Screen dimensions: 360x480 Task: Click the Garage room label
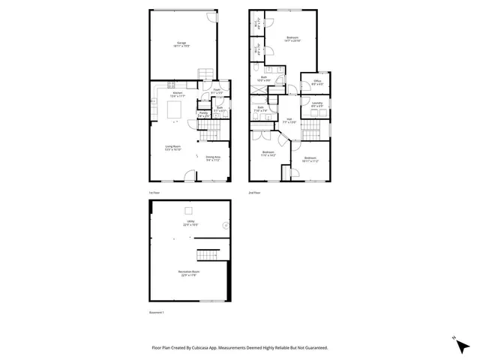pyautogui.click(x=181, y=43)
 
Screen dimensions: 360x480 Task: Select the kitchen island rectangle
pyautogui.click(x=173, y=111)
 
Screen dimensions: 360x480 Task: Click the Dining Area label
pyautogui.click(x=213, y=158)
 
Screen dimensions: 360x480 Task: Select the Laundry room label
pyautogui.click(x=317, y=104)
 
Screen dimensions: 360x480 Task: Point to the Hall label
pyautogui.click(x=289, y=119)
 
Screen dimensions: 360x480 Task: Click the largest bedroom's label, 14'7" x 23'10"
pyautogui.click(x=293, y=39)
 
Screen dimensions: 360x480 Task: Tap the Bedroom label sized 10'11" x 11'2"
pyautogui.click(x=310, y=159)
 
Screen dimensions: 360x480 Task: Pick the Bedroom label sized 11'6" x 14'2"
pyautogui.click(x=268, y=154)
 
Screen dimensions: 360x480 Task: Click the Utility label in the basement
pyautogui.click(x=190, y=222)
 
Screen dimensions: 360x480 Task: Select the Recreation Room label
pyautogui.click(x=189, y=273)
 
